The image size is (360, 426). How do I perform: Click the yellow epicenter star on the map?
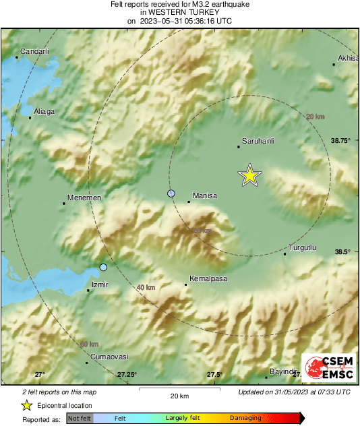249,175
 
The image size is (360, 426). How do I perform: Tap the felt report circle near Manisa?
171,193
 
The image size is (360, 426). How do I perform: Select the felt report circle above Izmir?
103,268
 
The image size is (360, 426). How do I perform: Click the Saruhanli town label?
257,140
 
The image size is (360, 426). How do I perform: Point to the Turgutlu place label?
302,247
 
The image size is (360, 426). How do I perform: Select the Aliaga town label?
44,112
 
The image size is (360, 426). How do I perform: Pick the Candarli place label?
35,51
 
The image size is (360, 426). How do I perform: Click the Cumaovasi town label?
109,357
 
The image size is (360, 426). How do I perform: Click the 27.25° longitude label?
127,374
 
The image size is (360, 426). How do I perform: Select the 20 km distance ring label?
315,117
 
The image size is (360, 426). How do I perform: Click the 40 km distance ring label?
146,288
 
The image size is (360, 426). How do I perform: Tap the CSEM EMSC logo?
328,367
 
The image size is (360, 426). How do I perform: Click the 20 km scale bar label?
179,395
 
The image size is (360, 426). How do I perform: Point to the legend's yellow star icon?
27,405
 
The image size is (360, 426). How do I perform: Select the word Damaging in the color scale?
245,418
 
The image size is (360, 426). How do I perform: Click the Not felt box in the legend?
80,419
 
